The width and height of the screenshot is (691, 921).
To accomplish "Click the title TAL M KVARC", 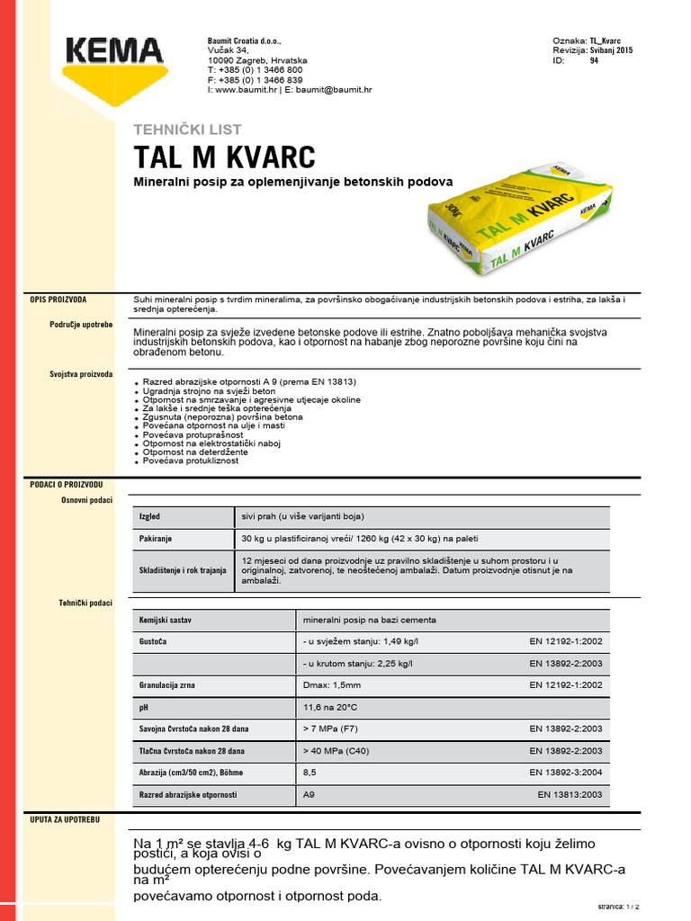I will [224, 157].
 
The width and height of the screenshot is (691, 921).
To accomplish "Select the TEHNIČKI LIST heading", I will [186, 130].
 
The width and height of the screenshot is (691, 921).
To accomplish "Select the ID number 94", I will [594, 61].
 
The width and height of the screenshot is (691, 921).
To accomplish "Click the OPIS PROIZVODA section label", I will [60, 299].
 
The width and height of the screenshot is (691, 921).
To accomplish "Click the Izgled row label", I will [149, 517].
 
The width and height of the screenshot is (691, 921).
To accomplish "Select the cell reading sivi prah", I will [302, 517].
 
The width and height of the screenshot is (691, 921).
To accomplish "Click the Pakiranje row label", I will [156, 539].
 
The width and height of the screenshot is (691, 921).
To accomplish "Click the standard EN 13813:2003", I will [569, 795].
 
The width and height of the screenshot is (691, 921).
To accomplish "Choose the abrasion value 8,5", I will [310, 773].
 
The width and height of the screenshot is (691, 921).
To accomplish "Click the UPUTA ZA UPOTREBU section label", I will [65, 821].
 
